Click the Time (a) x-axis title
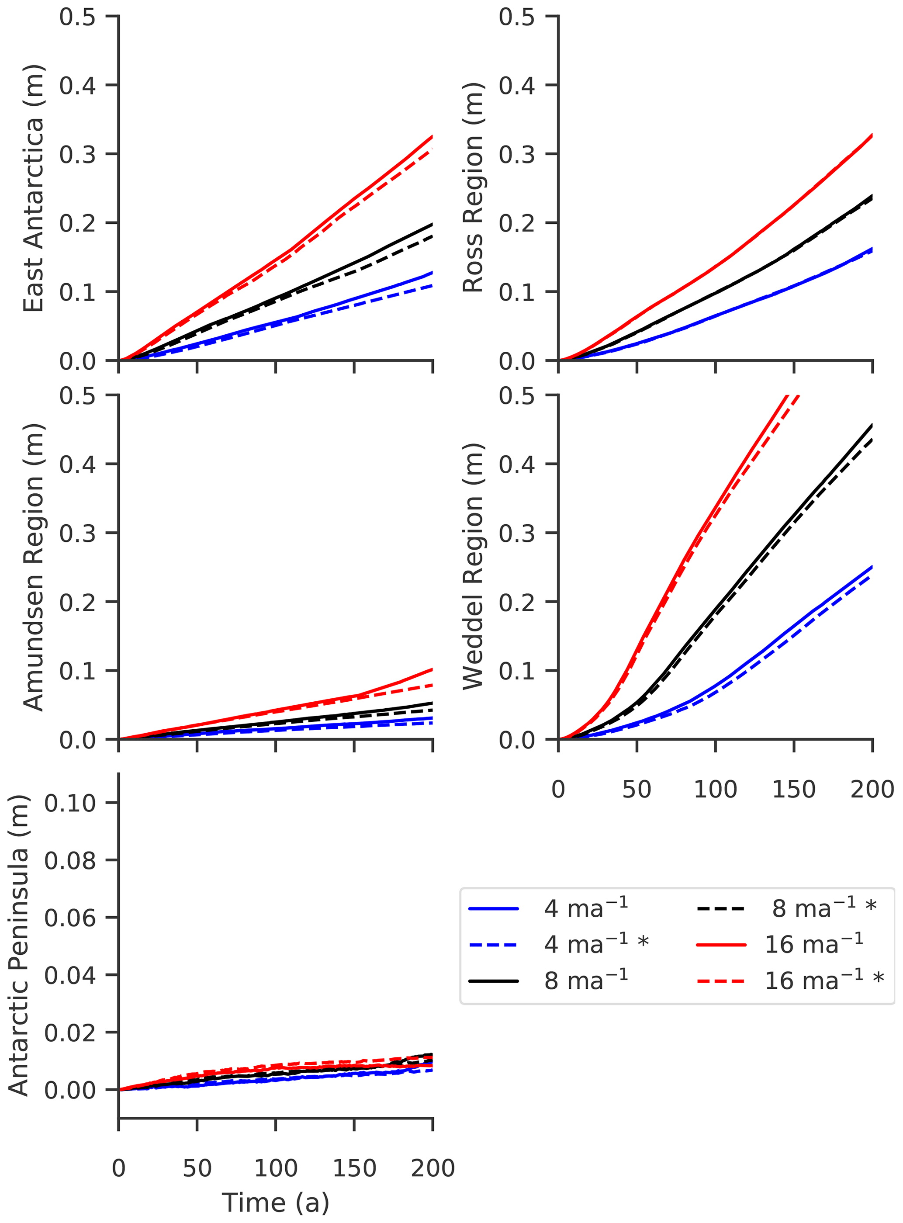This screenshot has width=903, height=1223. [276, 1202]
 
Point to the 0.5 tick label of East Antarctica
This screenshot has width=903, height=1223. [78, 17]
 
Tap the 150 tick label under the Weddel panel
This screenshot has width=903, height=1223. [794, 789]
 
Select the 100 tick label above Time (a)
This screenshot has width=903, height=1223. [276, 1168]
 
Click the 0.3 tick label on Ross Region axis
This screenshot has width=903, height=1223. [517, 154]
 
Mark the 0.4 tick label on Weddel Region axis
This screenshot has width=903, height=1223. [517, 464]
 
